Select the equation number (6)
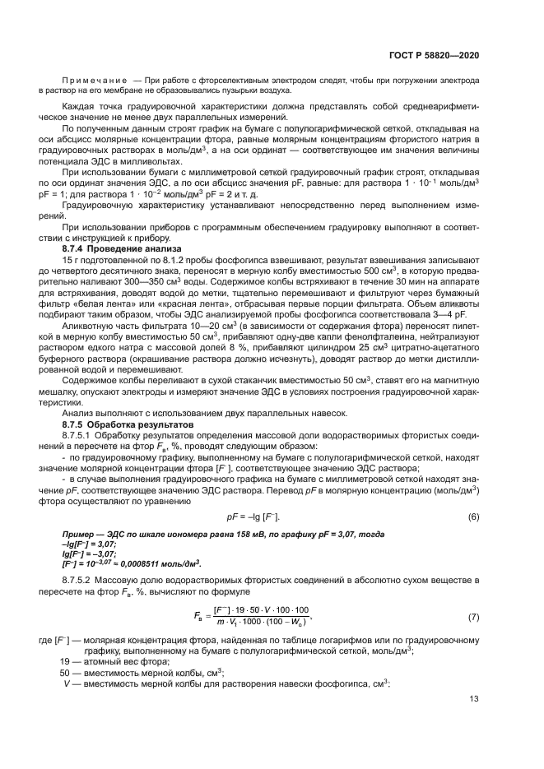coord(473,517)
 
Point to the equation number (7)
coord(473,616)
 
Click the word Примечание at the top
coord(97,81)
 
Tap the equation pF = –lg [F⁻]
coord(253,517)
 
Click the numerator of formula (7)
coord(255,609)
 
